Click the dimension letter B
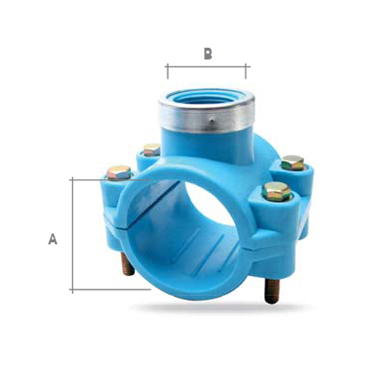pyautogui.click(x=208, y=54)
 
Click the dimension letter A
pyautogui.click(x=52, y=239)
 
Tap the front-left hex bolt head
pyautogui.click(x=119, y=173)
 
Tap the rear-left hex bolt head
pyautogui.click(x=152, y=149)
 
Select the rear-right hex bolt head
pyautogui.click(x=293, y=162)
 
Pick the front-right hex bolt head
pyautogui.click(x=277, y=191)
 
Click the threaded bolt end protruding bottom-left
pyautogui.click(x=128, y=264)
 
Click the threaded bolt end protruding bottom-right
pyautogui.click(x=272, y=291)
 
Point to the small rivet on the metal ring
pyautogui.click(x=212, y=120)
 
